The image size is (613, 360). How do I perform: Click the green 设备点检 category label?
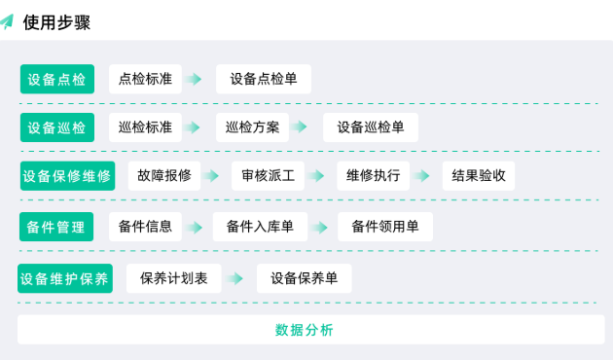[57, 80]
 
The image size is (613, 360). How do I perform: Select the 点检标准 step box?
[145, 79]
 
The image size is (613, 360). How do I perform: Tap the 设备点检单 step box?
[264, 79]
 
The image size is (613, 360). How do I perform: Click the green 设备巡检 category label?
[57, 127]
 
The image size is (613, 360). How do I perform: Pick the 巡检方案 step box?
[252, 127]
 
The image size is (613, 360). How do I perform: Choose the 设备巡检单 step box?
[371, 127]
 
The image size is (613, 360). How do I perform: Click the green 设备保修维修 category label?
[67, 176]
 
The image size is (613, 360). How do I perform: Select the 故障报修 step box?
[163, 176]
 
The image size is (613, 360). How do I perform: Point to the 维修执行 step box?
[374, 176]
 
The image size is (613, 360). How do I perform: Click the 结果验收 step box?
[479, 176]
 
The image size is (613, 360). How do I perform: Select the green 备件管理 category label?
[56, 227]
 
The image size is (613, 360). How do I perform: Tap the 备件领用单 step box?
[385, 227]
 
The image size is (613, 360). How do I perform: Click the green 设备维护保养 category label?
[66, 278]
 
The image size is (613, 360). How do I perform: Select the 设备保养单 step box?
[305, 278]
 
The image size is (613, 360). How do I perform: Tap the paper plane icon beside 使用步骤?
[9, 21]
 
